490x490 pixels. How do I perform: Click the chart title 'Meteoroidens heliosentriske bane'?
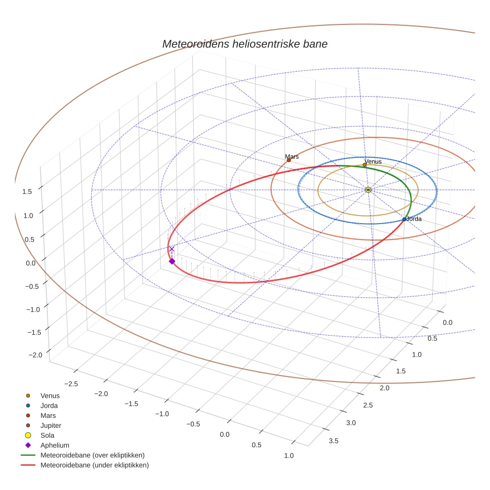245,44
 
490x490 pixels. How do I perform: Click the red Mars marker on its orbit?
289,160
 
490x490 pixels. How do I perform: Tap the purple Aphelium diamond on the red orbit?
172,261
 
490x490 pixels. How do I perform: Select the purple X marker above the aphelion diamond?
172,249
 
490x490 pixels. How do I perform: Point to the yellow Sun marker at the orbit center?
368,190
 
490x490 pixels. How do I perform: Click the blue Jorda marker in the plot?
404,219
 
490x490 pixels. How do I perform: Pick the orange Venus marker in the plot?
365,165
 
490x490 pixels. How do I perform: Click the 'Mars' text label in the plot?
292,156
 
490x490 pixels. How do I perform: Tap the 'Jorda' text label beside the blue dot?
414,219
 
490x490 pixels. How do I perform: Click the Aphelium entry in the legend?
55,445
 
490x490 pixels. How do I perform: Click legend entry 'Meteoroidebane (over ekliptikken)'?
92,455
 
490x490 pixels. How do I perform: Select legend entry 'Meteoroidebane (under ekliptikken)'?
95,465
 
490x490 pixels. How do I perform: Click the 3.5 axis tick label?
334,441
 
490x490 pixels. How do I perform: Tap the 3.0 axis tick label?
351,423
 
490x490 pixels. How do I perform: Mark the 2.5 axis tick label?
368,405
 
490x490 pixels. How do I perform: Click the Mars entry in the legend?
48,415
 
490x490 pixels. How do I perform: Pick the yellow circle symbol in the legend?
28,435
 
